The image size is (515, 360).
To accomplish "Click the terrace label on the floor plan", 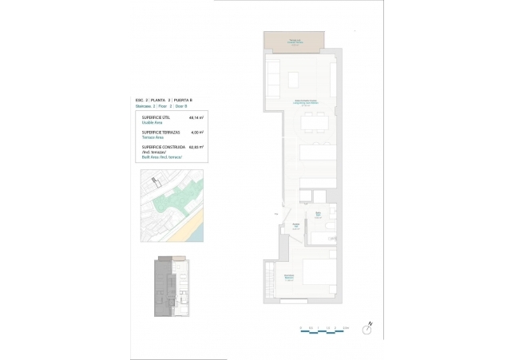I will point(295,42).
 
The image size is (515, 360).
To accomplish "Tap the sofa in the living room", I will point(270,78).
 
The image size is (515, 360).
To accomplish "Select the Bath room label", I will point(317,215).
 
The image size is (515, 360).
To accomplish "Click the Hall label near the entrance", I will point(295,227).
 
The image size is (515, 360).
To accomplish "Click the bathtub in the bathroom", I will point(323,237).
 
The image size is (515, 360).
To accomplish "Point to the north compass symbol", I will point(367,327).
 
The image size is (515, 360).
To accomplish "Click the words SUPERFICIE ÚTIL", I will point(156,117).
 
